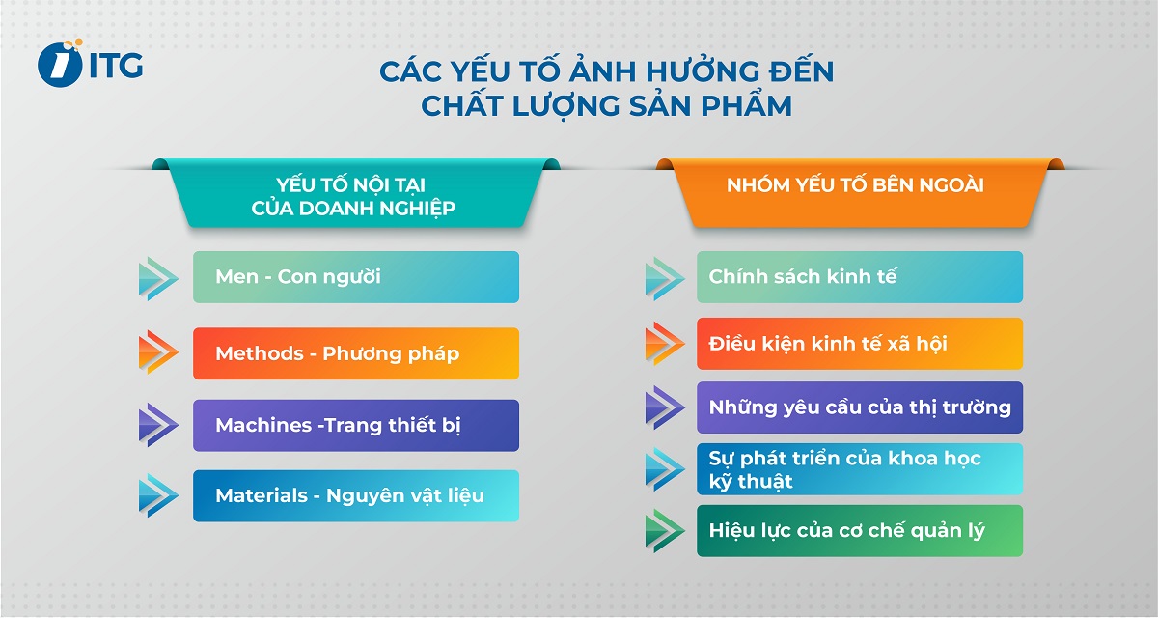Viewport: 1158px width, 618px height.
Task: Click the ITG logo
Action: tap(90, 64)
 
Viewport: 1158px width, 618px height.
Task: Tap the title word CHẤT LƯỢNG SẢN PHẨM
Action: tap(606, 105)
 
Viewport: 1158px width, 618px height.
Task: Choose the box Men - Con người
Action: tap(355, 277)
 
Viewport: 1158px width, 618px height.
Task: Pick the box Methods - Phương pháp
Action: tap(355, 353)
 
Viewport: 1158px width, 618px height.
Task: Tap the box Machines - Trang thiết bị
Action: tap(355, 426)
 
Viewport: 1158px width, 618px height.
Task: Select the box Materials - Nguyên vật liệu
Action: tap(355, 496)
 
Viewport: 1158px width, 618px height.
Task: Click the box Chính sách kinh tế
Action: tap(859, 277)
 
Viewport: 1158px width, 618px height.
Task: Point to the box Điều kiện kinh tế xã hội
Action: tap(859, 344)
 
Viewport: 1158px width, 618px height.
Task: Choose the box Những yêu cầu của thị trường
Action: tap(859, 407)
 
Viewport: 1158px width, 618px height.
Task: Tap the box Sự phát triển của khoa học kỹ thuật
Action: tap(859, 469)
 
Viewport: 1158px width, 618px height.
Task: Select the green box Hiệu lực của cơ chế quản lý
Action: tap(859, 531)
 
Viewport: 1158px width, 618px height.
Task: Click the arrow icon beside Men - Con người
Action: tap(158, 278)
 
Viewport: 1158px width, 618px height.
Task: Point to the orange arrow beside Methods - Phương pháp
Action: tap(158, 353)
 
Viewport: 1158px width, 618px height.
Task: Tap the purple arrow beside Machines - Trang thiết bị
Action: tap(158, 426)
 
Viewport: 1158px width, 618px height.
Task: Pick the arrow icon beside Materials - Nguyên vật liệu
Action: tap(158, 496)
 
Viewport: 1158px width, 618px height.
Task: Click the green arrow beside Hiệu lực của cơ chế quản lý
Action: tap(664, 531)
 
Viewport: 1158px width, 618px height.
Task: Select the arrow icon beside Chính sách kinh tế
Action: tap(664, 277)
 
